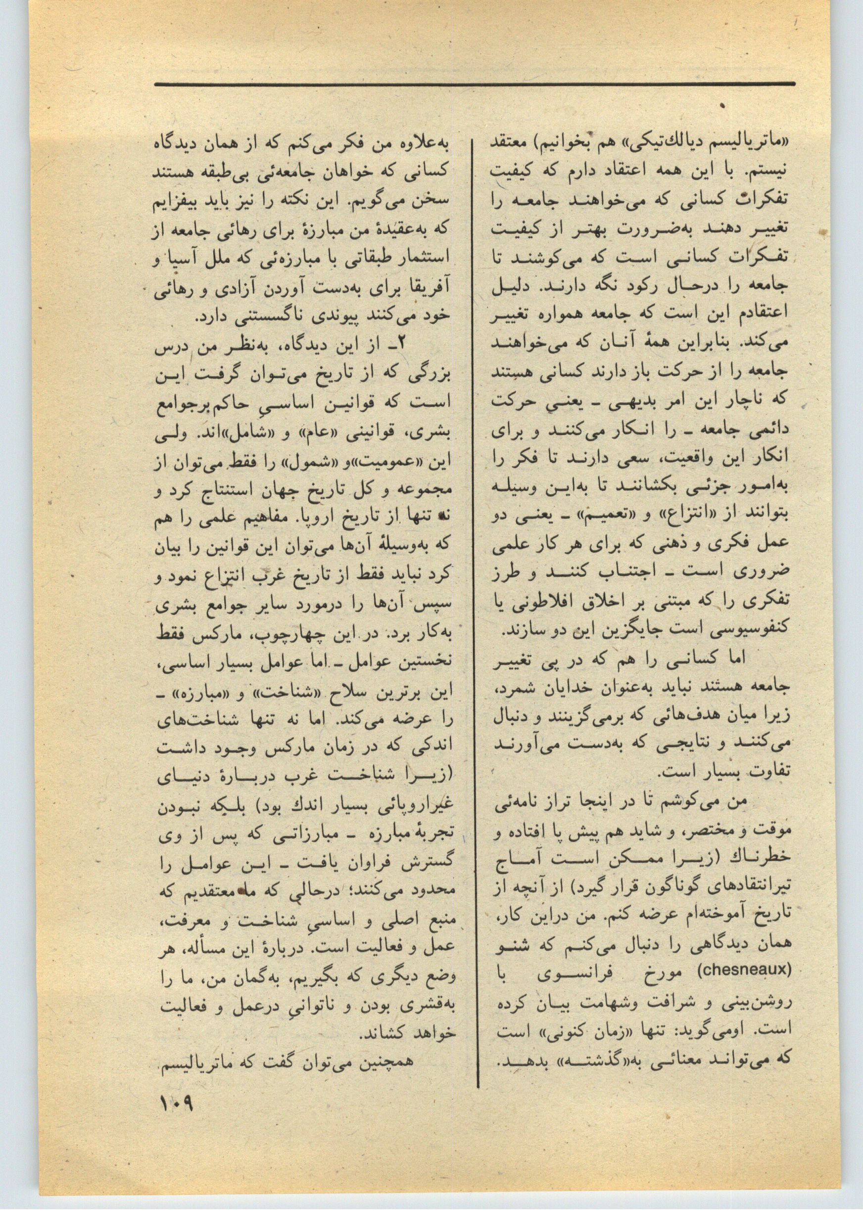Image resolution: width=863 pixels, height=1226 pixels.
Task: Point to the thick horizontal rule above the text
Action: (475, 84)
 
